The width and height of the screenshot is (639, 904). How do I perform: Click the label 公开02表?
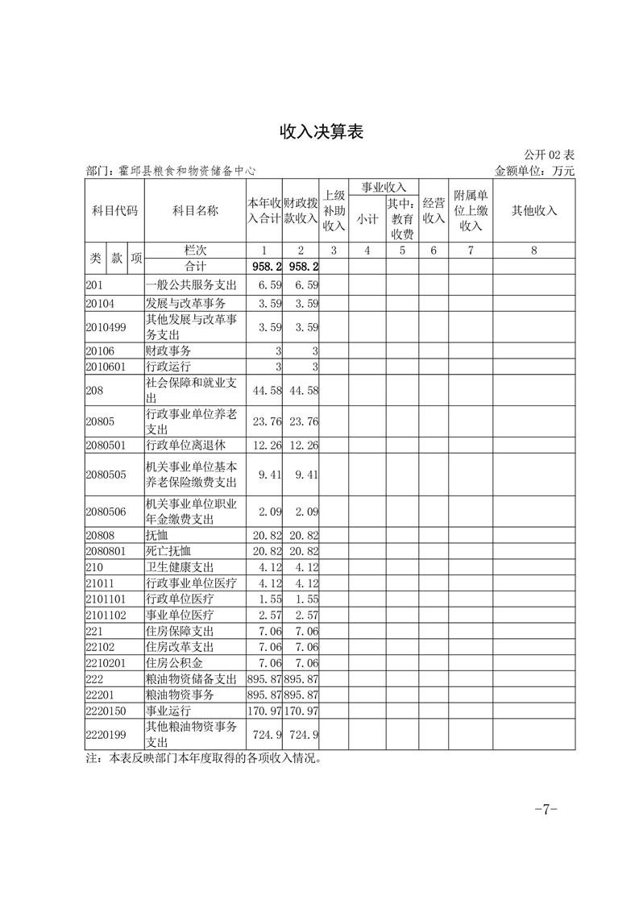[549, 155]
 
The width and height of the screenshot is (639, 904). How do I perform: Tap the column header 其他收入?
[533, 211]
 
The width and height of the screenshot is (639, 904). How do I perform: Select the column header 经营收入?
[434, 211]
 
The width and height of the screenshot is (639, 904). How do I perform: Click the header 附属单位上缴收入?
[471, 211]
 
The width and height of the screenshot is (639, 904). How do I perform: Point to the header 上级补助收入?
[334, 211]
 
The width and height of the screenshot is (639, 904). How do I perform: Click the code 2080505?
[106, 475]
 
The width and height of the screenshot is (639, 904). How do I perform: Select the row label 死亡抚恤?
[168, 551]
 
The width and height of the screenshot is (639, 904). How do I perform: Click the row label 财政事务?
[168, 351]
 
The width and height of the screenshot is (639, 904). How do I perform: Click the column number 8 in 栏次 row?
[533, 251]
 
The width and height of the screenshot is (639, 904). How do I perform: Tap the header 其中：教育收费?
[402, 219]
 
